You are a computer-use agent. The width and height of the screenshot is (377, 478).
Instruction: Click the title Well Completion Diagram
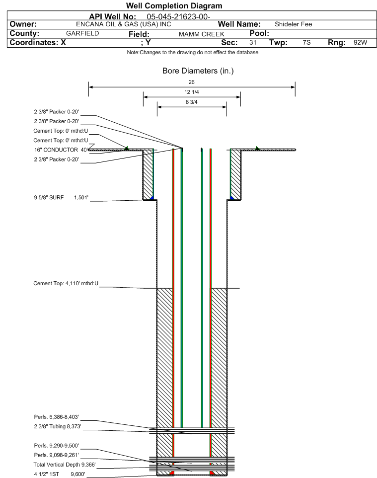click(174, 6)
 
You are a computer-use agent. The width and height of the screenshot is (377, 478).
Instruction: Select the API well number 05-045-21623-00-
click(179, 16)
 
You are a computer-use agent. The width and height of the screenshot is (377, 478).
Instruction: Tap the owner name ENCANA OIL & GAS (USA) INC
click(124, 24)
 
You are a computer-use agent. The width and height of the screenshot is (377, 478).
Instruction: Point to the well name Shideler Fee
click(293, 24)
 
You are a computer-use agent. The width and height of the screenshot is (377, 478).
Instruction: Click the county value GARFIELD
click(82, 33)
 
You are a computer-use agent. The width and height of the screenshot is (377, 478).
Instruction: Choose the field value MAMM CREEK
click(202, 34)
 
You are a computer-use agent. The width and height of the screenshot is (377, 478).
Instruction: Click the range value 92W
click(360, 42)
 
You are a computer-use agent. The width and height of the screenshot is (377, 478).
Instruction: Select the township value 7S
click(306, 42)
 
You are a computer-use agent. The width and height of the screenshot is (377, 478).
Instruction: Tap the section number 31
click(253, 42)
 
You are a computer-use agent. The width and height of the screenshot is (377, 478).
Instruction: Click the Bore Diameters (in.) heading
click(198, 71)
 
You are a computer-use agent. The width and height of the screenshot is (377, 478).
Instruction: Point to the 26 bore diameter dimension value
click(191, 82)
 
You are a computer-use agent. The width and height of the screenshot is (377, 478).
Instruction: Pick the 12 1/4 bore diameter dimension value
click(192, 92)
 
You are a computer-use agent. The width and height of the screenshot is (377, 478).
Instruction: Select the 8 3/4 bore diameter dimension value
click(191, 102)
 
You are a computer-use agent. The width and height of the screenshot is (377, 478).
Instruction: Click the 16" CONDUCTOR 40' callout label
click(61, 150)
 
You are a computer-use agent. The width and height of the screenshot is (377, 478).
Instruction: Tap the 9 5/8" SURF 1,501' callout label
click(61, 197)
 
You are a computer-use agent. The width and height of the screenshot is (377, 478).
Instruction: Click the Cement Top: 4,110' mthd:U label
click(66, 283)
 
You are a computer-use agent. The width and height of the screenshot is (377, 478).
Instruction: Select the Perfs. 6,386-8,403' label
click(57, 417)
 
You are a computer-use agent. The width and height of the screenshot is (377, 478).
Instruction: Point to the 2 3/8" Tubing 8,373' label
click(58, 426)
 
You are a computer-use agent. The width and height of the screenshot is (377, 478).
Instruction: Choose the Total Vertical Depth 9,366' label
click(65, 464)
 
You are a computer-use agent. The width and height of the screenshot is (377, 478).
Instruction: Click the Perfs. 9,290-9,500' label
click(57, 445)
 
